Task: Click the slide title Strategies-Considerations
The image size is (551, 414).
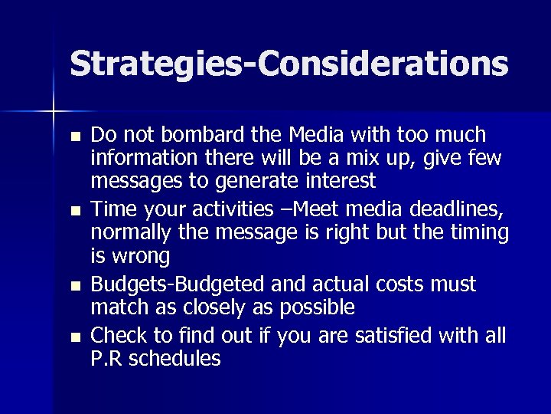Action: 289,64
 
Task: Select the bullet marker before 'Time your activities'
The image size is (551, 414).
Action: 73,211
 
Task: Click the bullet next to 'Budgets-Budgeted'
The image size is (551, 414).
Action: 73,286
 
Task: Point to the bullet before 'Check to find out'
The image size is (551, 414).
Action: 73,336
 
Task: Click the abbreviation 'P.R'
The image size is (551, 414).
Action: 109,357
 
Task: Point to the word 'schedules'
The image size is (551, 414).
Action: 177,357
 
